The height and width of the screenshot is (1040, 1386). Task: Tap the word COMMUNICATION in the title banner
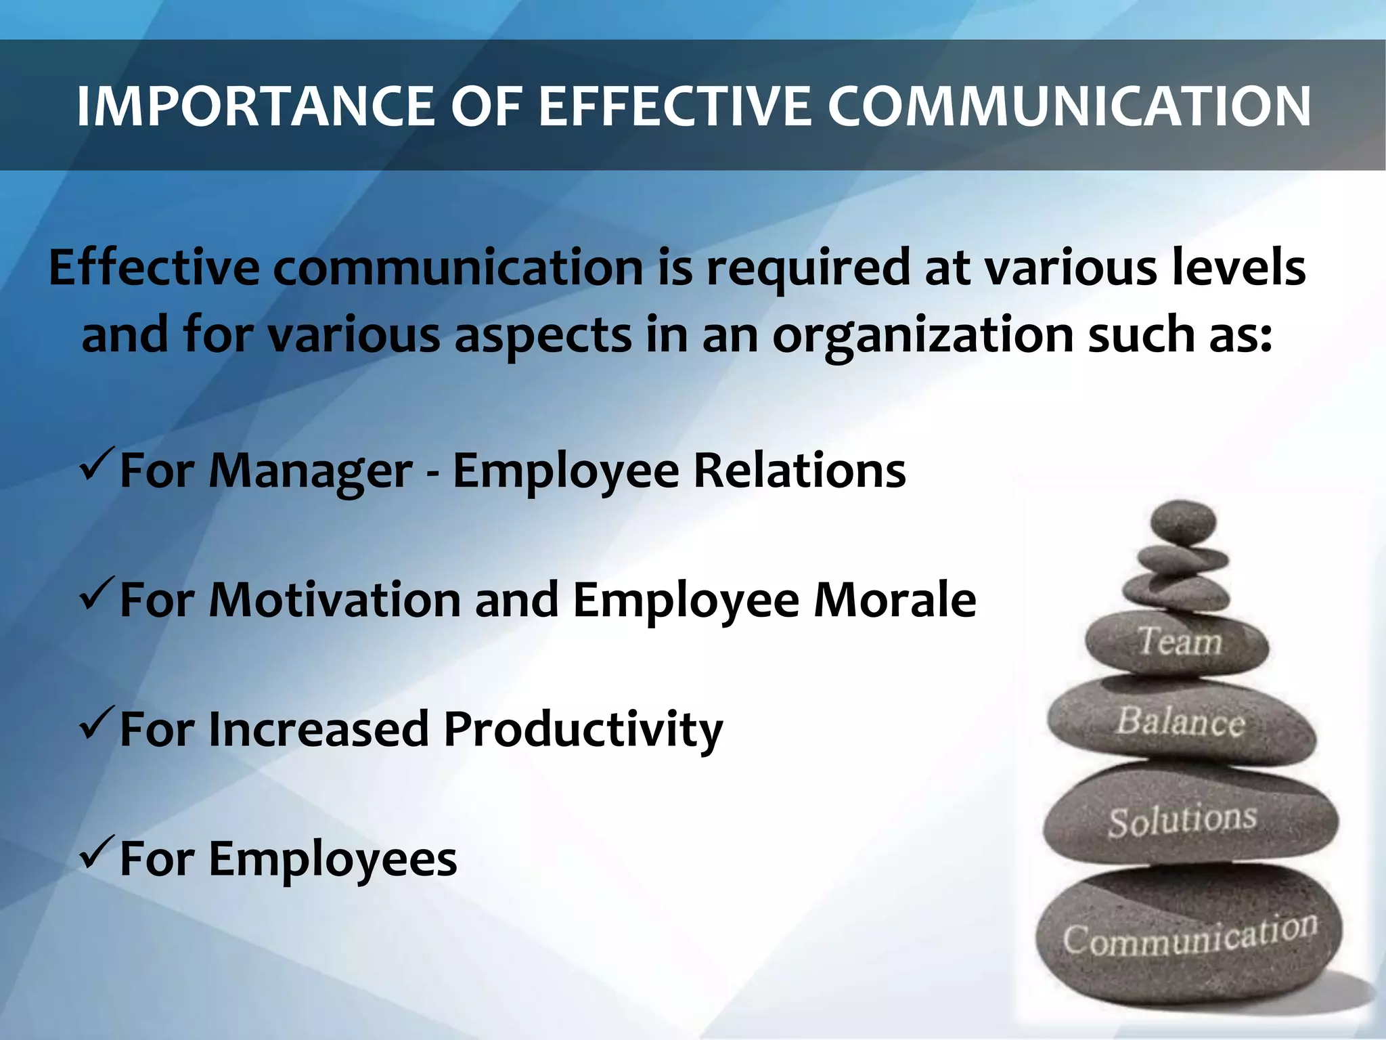click(x=1069, y=106)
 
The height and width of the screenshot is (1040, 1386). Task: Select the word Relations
click(x=799, y=470)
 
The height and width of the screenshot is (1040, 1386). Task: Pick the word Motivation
click(x=334, y=600)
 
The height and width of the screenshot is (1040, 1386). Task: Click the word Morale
click(x=895, y=600)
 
